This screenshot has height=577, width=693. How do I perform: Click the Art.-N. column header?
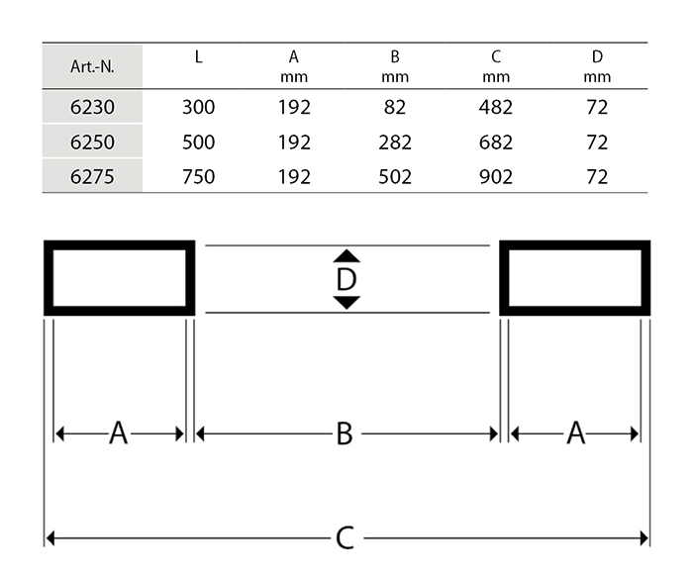[x=92, y=66]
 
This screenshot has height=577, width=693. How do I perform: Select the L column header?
[x=198, y=56]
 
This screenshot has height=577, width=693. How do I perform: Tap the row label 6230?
[x=92, y=107]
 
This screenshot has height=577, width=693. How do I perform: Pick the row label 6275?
[x=92, y=177]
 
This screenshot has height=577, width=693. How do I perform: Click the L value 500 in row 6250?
[x=198, y=143]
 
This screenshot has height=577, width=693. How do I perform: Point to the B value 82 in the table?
[x=395, y=107]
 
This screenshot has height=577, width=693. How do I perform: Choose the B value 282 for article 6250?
[x=395, y=143]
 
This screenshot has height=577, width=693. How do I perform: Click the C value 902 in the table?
[x=496, y=177]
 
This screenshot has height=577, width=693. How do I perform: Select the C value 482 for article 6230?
[x=496, y=107]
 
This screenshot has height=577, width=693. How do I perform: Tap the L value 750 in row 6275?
[x=198, y=177]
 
